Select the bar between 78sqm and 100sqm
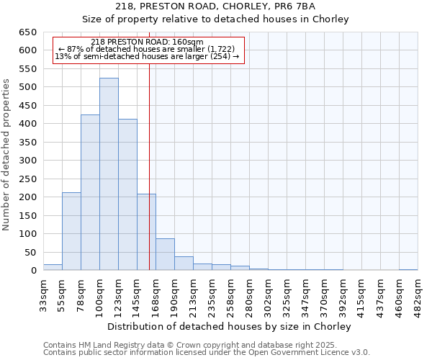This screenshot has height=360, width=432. coord(90,192)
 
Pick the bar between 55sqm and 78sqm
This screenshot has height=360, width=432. coord(71,231)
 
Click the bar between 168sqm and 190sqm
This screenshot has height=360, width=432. coord(165,254)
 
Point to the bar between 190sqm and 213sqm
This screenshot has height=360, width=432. coord(184,264)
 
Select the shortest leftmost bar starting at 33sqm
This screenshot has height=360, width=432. coord(53,267)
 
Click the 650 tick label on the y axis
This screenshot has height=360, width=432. coord(27,32)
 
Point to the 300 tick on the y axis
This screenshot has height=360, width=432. coord(27,161)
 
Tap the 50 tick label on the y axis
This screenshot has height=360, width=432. coord(30,253)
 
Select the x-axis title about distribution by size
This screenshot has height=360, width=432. coord(229,326)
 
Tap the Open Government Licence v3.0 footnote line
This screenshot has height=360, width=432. coord(207,353)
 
